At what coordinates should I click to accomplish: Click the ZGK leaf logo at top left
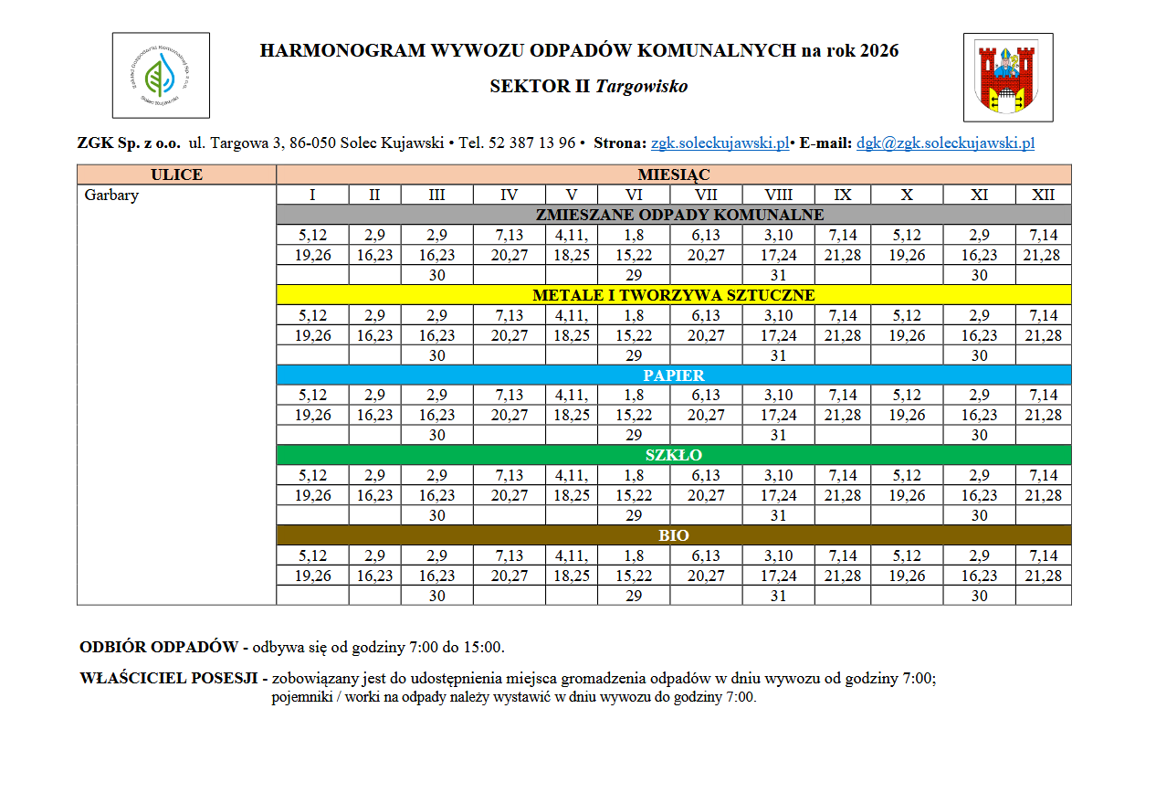coord(161,76)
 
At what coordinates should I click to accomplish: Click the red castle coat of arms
coord(1008,78)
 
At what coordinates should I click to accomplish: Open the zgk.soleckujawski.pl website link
coord(720,143)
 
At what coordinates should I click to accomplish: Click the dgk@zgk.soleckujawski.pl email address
coord(945,143)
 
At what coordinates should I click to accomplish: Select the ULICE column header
coord(176,174)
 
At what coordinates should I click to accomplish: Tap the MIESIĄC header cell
coord(674,174)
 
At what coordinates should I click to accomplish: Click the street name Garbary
coord(111,195)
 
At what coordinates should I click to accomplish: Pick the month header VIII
coord(778,195)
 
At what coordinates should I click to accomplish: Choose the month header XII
coord(1043,195)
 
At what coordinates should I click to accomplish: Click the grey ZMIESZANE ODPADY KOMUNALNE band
coord(674,215)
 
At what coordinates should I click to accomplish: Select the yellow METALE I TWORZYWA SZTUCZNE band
coord(674,295)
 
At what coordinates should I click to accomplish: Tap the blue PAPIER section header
coord(674,375)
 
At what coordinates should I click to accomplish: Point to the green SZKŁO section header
coord(674,455)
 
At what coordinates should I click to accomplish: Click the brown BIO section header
coord(674,535)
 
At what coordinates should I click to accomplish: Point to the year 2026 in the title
coord(878,50)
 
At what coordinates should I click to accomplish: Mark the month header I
coord(312,195)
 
